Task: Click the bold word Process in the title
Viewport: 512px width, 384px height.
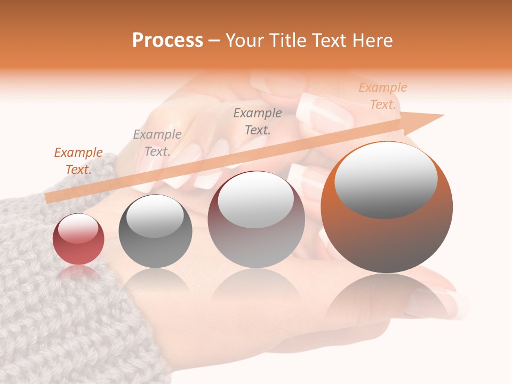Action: pyautogui.click(x=167, y=41)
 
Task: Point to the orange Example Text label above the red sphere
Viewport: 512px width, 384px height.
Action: pyautogui.click(x=78, y=161)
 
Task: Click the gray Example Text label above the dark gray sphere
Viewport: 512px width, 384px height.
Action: pyautogui.click(x=157, y=143)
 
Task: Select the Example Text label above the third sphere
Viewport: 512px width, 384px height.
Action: pyautogui.click(x=258, y=121)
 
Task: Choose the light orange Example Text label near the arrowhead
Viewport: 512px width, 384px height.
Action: pyautogui.click(x=383, y=96)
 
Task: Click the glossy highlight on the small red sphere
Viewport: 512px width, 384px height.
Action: pyautogui.click(x=78, y=228)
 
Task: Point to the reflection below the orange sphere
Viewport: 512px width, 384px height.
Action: pyautogui.click(x=387, y=299)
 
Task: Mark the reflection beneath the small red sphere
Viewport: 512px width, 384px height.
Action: pyautogui.click(x=78, y=273)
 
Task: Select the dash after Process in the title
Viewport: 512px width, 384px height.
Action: pyautogui.click(x=214, y=41)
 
